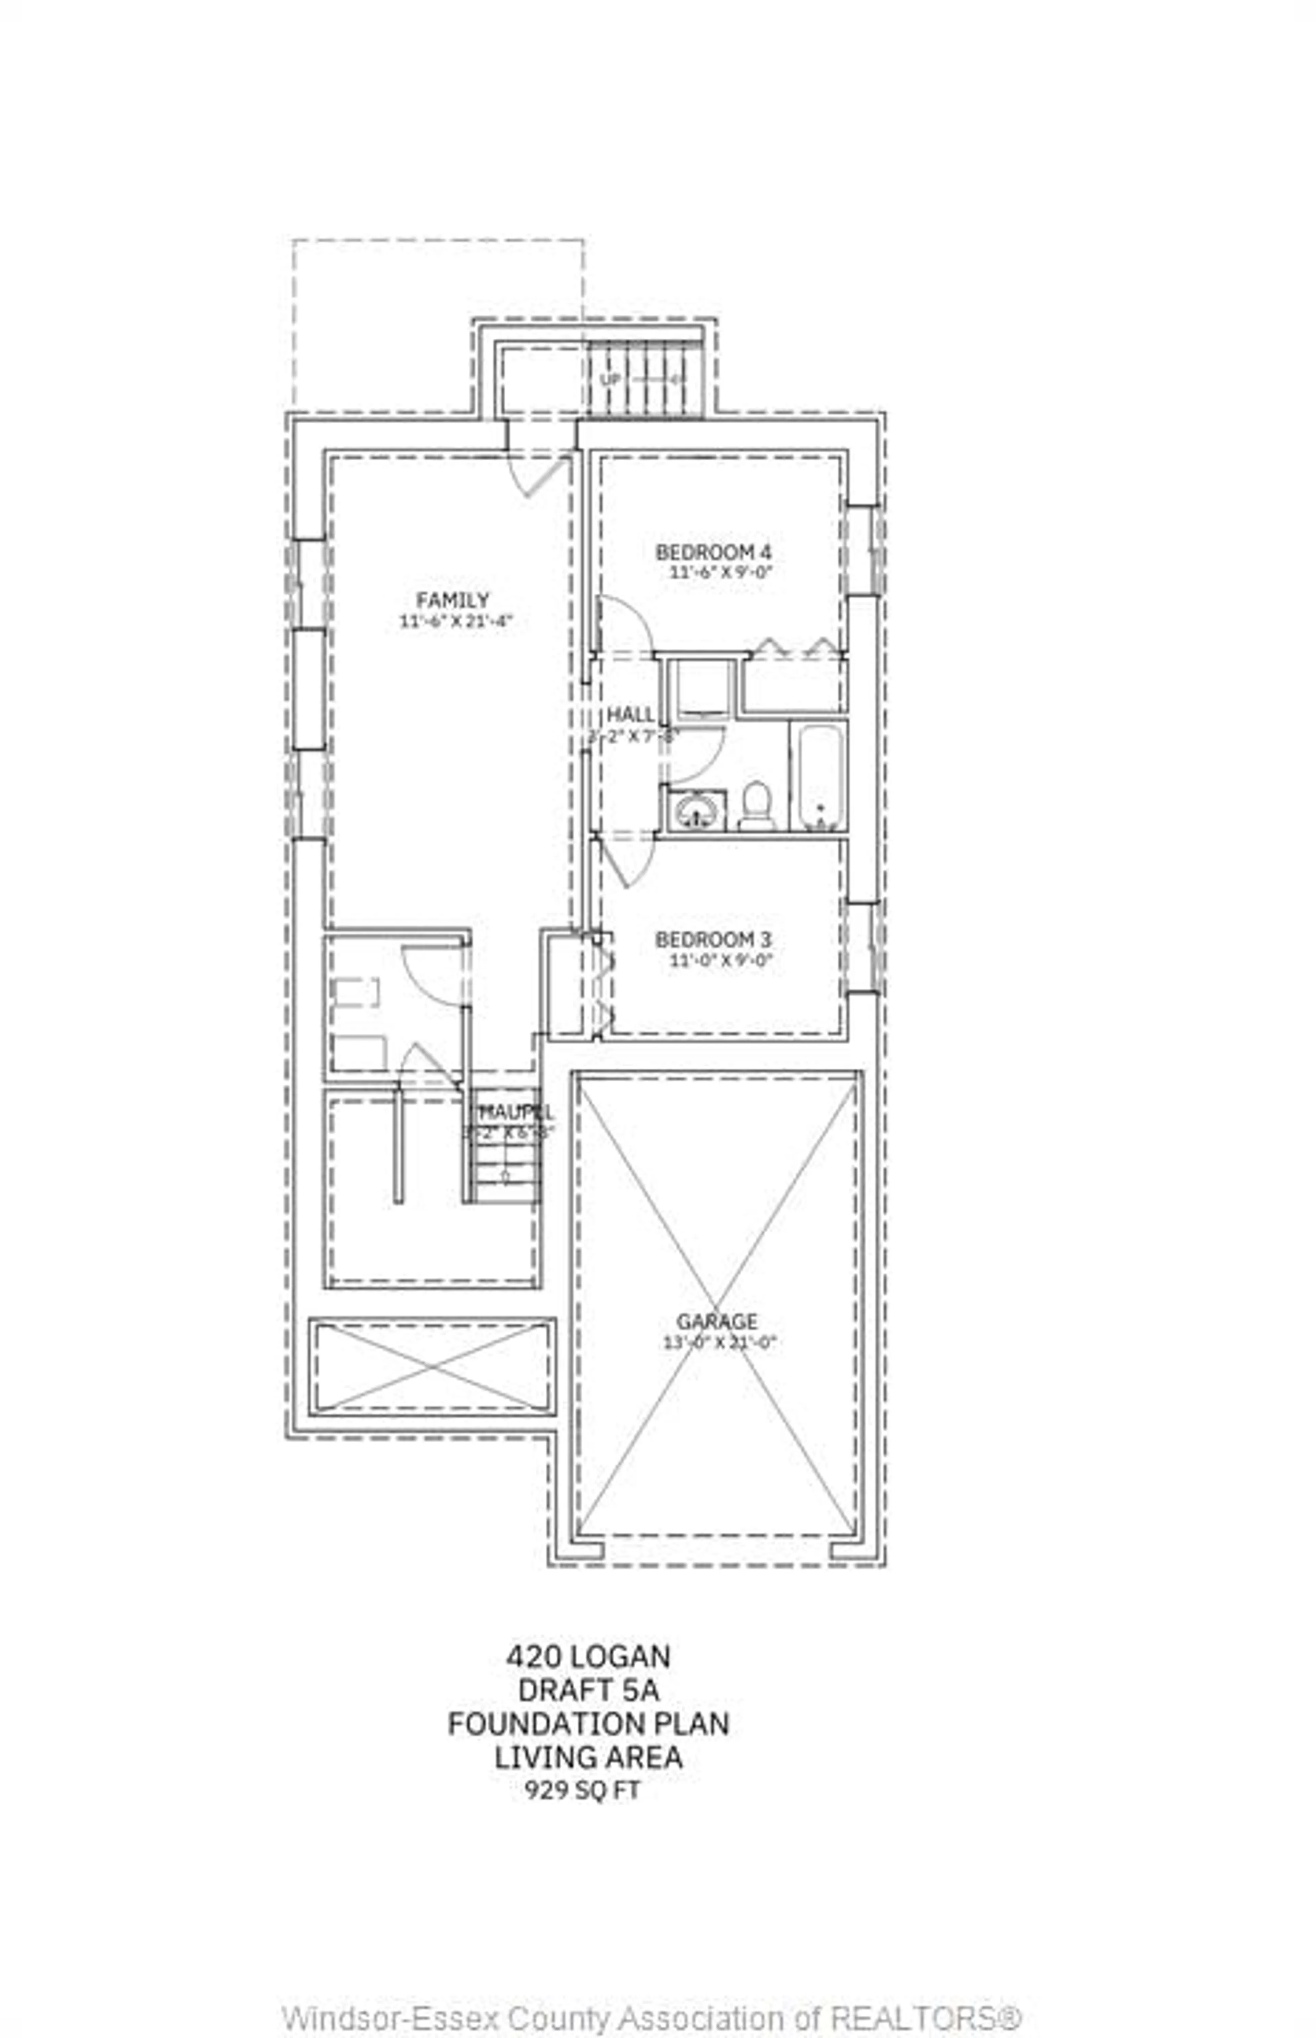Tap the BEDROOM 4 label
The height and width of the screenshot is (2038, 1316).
[713, 552]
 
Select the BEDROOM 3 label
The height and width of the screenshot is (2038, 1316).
[713, 939]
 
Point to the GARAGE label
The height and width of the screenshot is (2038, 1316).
[716, 1321]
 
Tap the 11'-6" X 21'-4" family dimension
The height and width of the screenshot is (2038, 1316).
[455, 621]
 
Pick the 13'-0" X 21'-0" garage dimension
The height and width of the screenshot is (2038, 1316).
[719, 1343]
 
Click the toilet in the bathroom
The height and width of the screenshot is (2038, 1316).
[755, 806]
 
